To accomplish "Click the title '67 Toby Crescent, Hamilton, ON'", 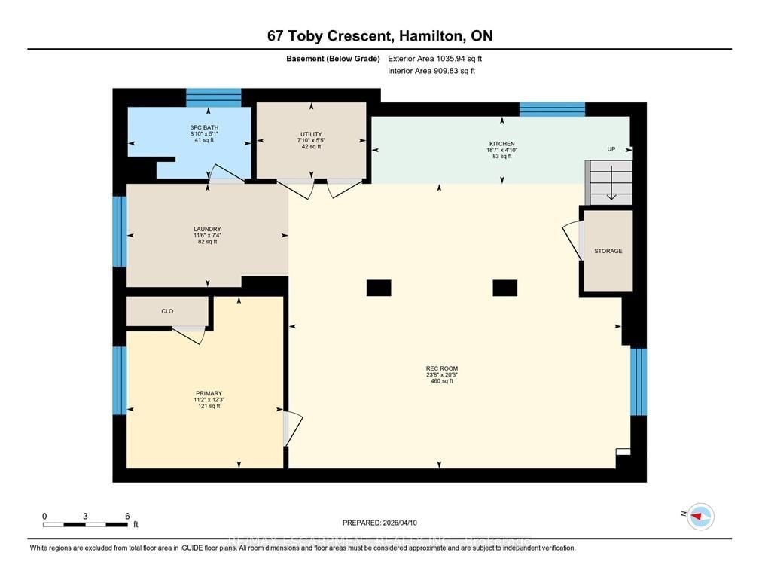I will pos(379,35).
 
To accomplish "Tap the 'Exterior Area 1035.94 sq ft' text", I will pos(434,57).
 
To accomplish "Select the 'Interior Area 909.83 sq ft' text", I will pos(431,71).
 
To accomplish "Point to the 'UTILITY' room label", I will pos(310,134).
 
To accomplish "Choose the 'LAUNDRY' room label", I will pos(206,229).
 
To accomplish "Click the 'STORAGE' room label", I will pos(608,251).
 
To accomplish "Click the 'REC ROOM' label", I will pos(441,368).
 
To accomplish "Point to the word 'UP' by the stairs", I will pos(611,149).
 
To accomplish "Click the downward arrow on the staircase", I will pos(611,184).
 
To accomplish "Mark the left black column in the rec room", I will pos(379,288).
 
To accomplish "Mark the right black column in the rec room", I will pos(504,288).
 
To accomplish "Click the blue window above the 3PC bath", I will pos(214,97).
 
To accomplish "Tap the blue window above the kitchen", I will pos(552,109).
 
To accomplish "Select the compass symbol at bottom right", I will pos(701,516).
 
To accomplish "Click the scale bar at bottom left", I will pos(86,523).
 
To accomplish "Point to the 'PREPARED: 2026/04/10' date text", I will pos(379,522).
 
